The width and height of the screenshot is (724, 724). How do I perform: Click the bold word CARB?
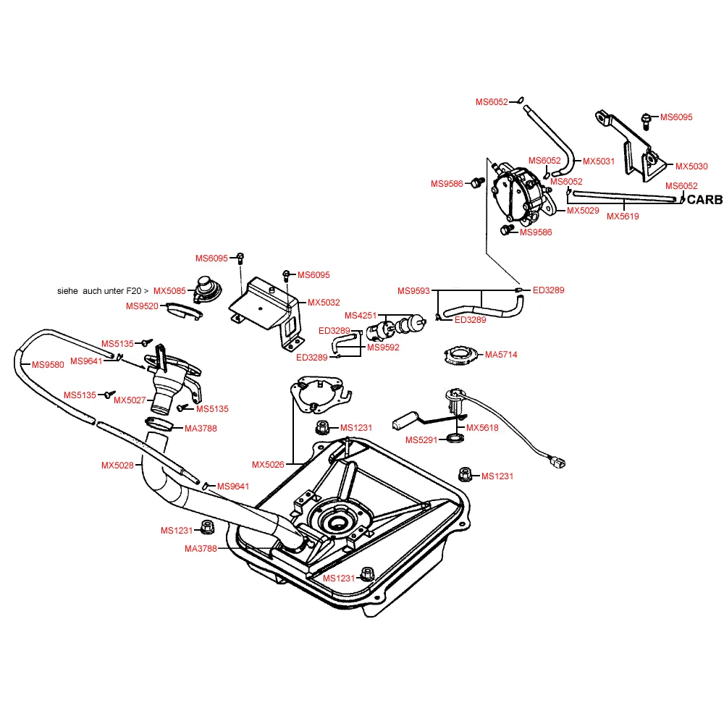click(x=704, y=199)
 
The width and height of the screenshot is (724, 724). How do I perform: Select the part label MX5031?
click(x=599, y=161)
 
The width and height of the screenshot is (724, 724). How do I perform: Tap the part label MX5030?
click(x=691, y=167)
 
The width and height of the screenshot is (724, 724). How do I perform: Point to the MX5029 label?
click(x=583, y=211)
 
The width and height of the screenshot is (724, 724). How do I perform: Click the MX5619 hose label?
click(x=623, y=216)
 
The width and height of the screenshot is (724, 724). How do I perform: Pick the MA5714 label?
click(x=502, y=355)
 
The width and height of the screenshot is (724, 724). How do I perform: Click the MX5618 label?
click(x=482, y=428)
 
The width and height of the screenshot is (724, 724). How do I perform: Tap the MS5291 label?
click(x=422, y=440)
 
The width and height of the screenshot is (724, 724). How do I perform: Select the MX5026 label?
click(x=269, y=464)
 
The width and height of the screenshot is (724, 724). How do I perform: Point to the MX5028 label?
click(x=117, y=465)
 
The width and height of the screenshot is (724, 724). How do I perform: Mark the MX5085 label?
click(x=169, y=291)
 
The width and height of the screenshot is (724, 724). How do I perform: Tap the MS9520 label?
click(x=142, y=306)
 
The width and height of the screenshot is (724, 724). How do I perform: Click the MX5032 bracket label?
click(x=324, y=303)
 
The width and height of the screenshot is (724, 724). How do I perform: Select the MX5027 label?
click(x=130, y=400)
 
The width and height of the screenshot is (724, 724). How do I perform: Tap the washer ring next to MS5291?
click(x=455, y=439)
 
